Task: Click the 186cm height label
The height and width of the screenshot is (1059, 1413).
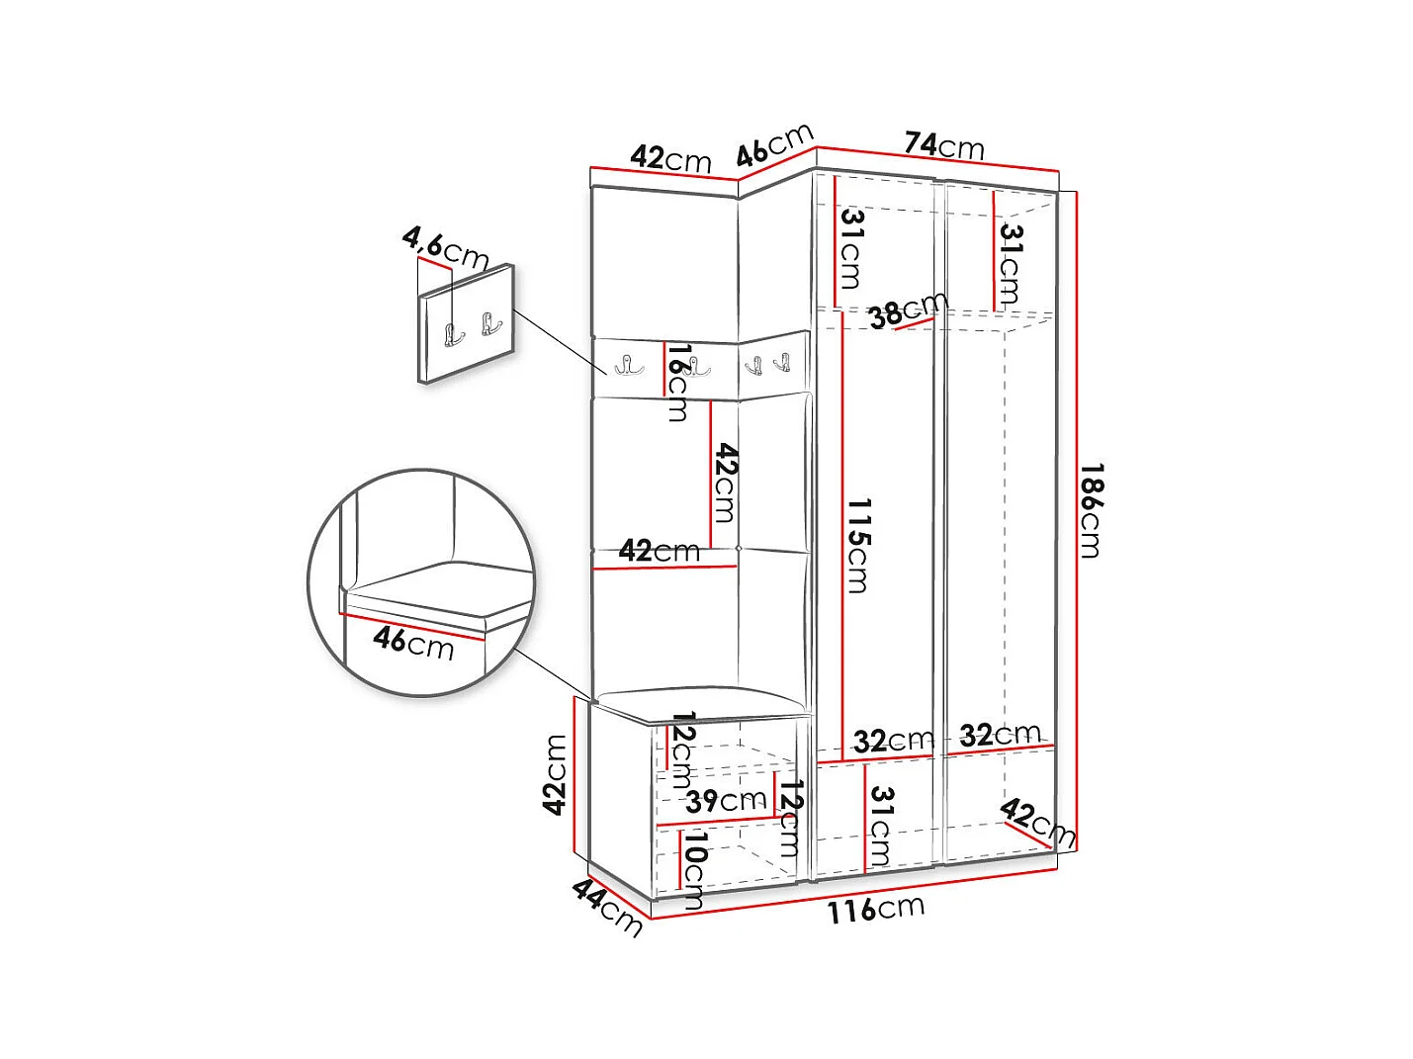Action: point(1091,510)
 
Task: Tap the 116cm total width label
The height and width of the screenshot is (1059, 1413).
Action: point(876,909)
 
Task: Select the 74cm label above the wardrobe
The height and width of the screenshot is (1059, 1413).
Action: point(944,145)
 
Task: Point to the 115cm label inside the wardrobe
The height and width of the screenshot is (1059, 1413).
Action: point(857,545)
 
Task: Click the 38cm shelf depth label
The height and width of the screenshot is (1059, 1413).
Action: point(907,310)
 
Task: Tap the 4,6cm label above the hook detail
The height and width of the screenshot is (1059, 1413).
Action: point(445,248)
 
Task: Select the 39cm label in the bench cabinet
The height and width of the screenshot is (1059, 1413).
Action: point(726,800)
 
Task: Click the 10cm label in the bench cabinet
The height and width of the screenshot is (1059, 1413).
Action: point(694,870)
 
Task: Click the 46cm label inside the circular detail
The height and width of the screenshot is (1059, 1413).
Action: point(413,643)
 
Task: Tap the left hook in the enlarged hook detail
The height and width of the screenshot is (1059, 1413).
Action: point(453,335)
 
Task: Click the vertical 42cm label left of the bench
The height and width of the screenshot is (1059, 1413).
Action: point(556,774)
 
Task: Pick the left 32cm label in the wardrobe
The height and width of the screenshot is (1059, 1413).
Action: point(893,740)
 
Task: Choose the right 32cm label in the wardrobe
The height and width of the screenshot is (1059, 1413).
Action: point(1000,735)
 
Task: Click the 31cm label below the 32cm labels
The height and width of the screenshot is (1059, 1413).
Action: point(880,826)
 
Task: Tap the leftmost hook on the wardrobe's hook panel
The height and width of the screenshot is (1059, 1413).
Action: point(628,365)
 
